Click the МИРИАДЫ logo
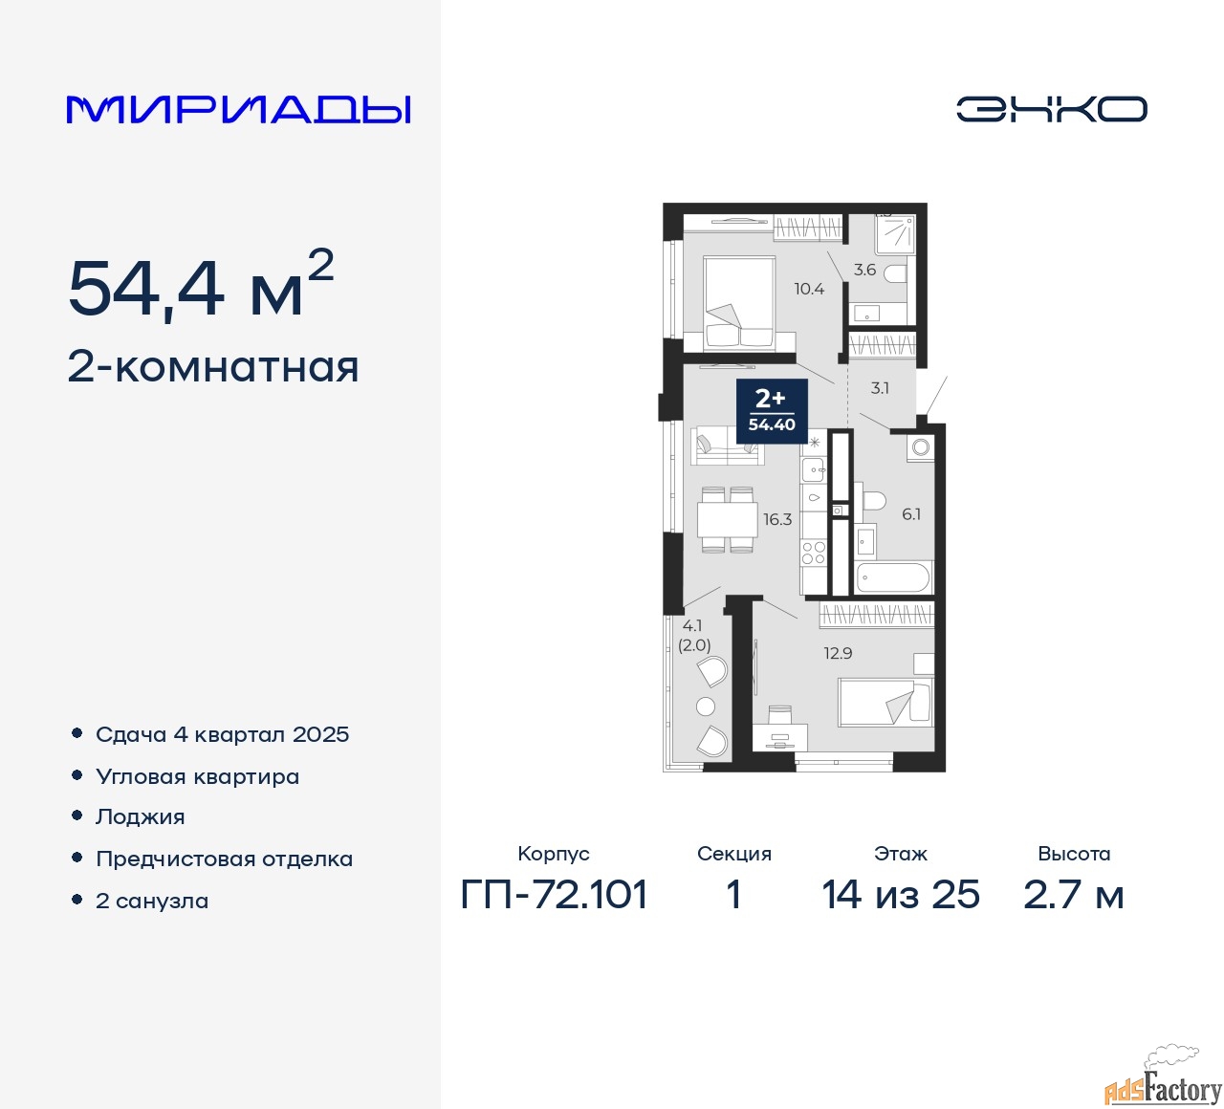point(238,110)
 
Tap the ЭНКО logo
point(1051,109)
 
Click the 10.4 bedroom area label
point(809,289)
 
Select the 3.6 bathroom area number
point(864,270)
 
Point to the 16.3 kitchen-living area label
point(777,519)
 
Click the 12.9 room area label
point(838,653)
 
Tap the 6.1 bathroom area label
point(911,514)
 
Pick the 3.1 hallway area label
point(879,388)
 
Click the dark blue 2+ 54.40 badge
point(772,411)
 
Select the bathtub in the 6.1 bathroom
point(894,577)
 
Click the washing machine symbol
point(920,447)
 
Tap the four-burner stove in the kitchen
point(814,553)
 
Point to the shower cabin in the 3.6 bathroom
point(895,234)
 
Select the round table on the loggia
point(706,707)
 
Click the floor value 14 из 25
point(901,895)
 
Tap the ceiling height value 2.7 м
point(1074,895)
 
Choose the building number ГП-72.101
point(554,895)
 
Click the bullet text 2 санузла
point(152,901)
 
